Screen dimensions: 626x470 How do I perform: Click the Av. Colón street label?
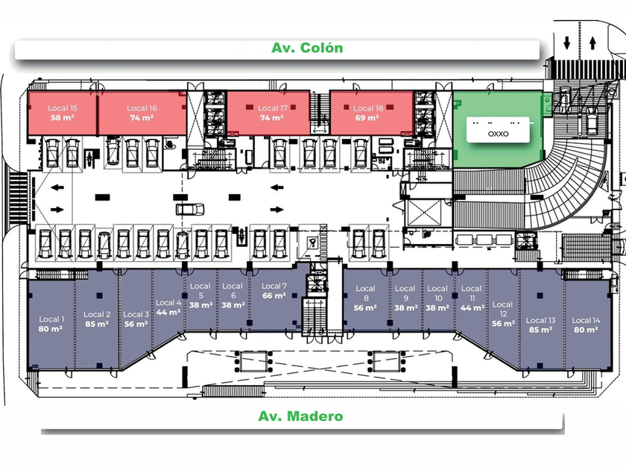point(307,48)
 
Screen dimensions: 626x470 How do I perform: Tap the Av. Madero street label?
point(300,416)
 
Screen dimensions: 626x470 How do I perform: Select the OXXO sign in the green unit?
point(499,134)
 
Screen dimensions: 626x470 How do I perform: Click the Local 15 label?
point(63,108)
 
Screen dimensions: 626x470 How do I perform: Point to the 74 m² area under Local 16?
point(142,118)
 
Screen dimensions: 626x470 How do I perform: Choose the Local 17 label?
point(272,108)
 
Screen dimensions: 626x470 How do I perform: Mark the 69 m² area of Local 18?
point(367,118)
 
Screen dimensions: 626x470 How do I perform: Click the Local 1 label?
point(51,319)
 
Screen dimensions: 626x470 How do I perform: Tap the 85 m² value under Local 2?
point(97,324)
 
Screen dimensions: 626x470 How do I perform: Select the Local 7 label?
point(274,286)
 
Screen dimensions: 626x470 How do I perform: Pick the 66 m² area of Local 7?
point(274,296)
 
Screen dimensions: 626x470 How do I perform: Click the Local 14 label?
point(586,320)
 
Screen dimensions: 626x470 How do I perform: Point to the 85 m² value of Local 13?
point(540,330)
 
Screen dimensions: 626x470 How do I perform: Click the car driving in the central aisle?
point(190,209)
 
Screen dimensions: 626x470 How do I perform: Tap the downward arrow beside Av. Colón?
point(567,43)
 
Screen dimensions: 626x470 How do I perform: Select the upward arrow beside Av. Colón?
point(592,43)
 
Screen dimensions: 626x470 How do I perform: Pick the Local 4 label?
point(168,303)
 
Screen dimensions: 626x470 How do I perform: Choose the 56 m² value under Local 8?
point(365,308)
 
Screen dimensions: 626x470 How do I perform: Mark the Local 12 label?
point(502,309)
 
